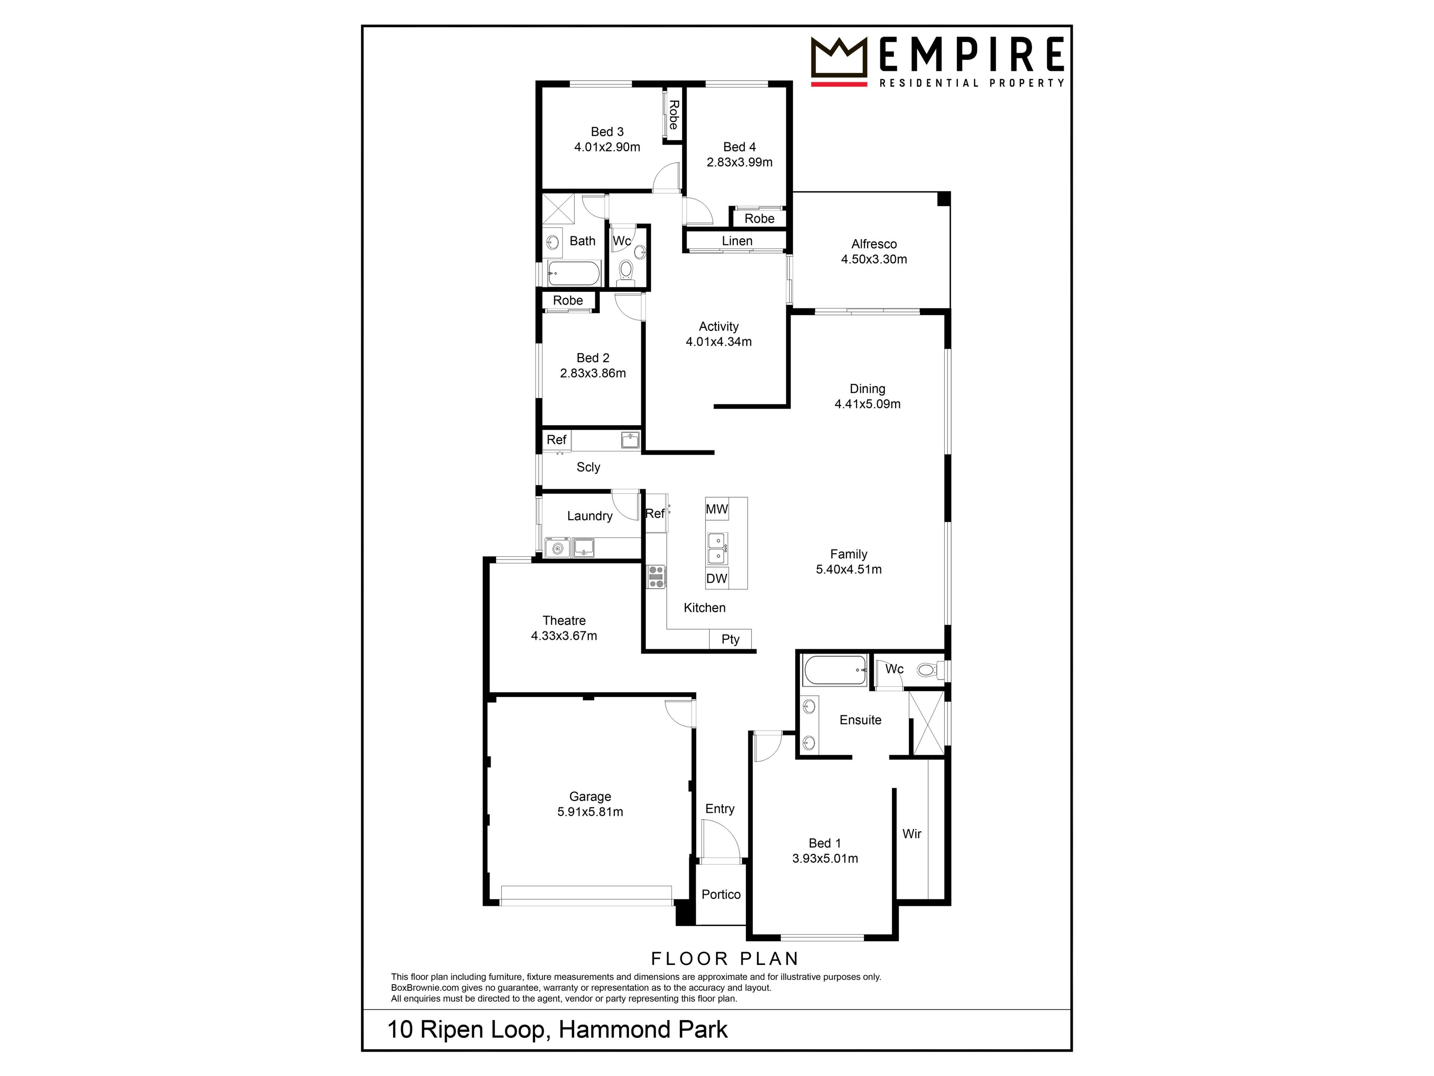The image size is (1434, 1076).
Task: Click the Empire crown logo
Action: tap(839, 61)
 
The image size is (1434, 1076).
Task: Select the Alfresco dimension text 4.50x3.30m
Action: tap(874, 259)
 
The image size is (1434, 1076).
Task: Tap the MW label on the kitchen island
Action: tap(717, 509)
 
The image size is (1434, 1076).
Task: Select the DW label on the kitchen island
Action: tap(717, 578)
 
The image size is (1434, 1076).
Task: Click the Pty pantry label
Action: tap(730, 640)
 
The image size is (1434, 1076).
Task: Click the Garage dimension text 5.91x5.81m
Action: tap(590, 812)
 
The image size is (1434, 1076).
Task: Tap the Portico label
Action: tap(721, 894)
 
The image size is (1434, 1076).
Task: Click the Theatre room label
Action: tap(564, 621)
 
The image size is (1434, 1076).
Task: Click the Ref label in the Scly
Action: tap(556, 440)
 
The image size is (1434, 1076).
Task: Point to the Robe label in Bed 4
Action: tap(759, 219)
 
